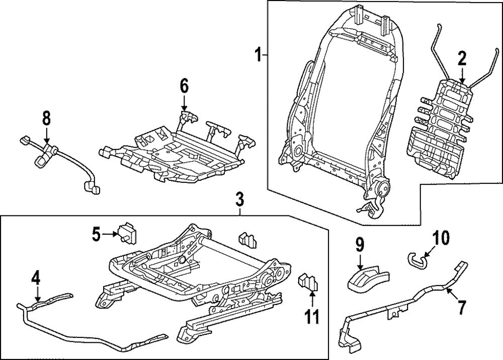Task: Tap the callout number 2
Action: [462, 59]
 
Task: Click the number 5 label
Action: [96, 233]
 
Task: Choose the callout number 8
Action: [46, 119]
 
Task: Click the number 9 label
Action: [360, 246]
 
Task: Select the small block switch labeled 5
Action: [127, 232]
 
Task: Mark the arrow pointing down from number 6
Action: [184, 103]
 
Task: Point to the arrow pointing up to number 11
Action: [312, 300]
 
